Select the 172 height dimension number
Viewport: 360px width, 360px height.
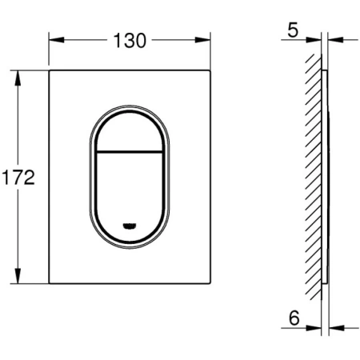click(18, 178)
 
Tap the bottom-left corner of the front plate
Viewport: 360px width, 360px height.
click(50, 285)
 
